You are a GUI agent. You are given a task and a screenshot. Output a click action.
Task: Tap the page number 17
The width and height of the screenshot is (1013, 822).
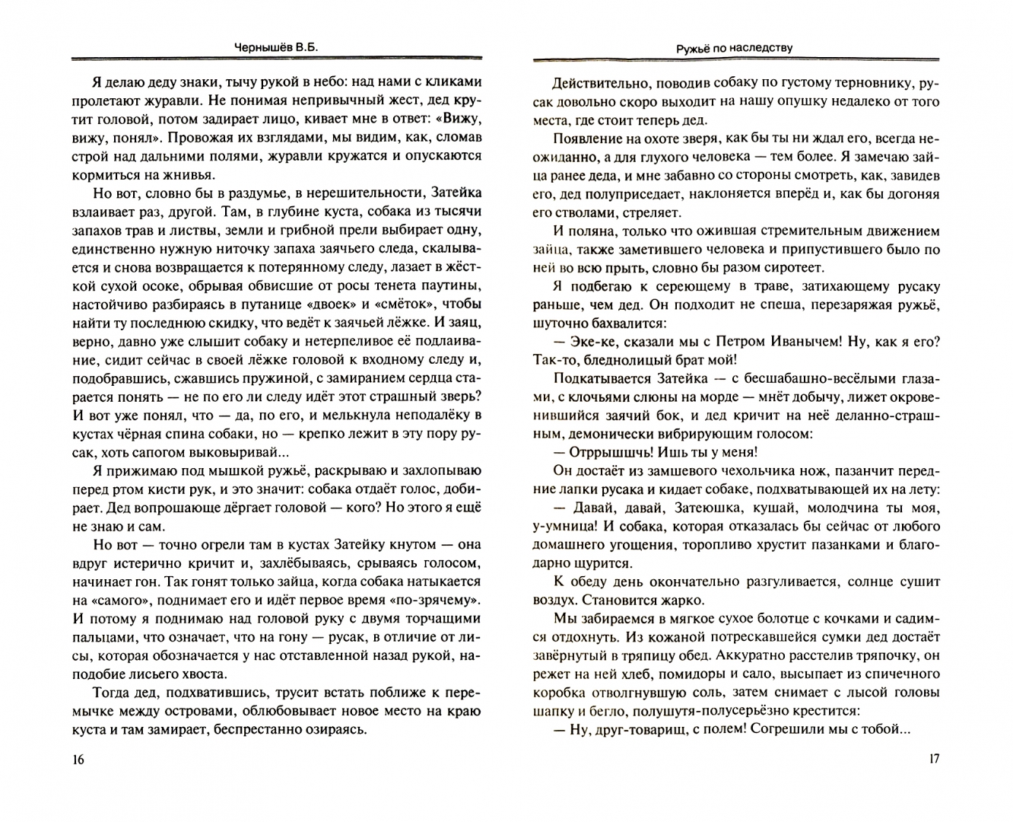(935, 759)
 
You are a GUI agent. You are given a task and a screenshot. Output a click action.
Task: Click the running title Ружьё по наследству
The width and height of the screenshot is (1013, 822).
(734, 47)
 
